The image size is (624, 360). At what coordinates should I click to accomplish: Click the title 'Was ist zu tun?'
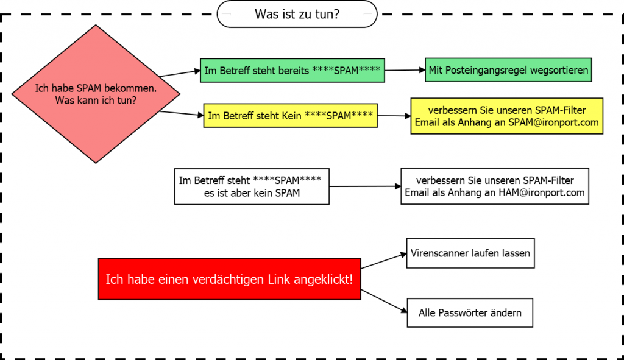(x=297, y=14)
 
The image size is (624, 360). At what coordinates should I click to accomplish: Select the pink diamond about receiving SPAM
(x=96, y=94)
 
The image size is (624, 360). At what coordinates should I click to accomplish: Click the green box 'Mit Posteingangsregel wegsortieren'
(x=508, y=70)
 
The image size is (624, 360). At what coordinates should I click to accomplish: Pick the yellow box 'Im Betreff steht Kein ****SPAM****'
(x=290, y=115)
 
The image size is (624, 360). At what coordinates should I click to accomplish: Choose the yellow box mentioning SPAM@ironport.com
(x=506, y=116)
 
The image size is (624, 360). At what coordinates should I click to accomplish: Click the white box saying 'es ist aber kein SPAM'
(x=251, y=186)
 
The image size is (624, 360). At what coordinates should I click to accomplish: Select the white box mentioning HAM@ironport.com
(x=494, y=186)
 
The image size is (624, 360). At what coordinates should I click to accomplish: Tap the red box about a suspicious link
(x=229, y=279)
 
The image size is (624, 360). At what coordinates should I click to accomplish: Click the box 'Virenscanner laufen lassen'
(x=470, y=253)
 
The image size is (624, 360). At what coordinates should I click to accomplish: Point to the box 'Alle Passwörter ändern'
(x=470, y=312)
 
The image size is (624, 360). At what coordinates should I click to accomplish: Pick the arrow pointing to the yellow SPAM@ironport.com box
(x=394, y=116)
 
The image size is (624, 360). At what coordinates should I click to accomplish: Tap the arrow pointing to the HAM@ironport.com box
(x=364, y=186)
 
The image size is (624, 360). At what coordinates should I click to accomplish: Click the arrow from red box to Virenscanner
(x=383, y=260)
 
